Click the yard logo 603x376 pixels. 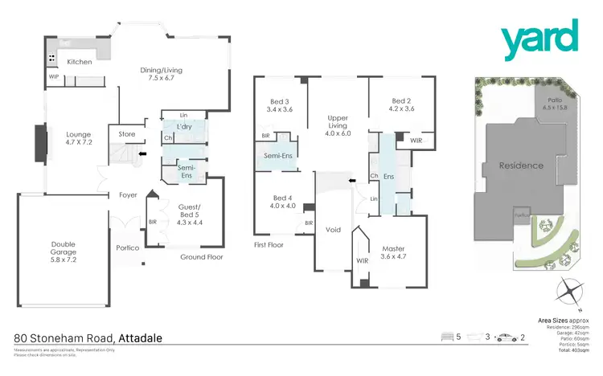point(539,40)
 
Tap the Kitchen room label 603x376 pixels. point(80,62)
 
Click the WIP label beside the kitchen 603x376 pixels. point(55,77)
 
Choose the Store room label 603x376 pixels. point(127,134)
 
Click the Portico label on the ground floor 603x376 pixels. point(128,247)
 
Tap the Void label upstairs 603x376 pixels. point(334,230)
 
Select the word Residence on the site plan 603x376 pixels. point(522,166)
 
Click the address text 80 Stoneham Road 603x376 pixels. point(67,338)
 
